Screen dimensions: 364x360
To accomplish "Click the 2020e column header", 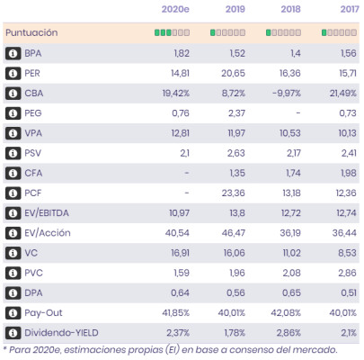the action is (x=175, y=9).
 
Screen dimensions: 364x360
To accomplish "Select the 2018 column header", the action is (x=290, y=9).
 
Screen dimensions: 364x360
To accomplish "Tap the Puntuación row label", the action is (x=31, y=32).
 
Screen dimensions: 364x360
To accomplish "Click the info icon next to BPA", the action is (x=13, y=53).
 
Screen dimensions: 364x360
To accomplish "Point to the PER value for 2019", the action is (x=233, y=73).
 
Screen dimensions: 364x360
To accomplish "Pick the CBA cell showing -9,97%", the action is (x=287, y=94).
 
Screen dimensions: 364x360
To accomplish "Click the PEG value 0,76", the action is (x=181, y=113).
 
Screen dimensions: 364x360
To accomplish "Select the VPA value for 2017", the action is (x=347, y=133).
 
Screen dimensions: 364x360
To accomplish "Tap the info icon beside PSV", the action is (x=13, y=153).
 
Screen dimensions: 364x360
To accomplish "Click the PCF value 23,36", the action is (x=233, y=193).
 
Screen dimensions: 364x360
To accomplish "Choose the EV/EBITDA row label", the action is (x=47, y=213).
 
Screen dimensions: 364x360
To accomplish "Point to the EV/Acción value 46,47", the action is (x=234, y=233).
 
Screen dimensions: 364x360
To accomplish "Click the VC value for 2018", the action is (x=291, y=253).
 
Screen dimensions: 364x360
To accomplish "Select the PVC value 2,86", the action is (x=347, y=273).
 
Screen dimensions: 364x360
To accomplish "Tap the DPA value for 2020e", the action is (x=180, y=292).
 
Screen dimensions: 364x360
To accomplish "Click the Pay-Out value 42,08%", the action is (x=286, y=313).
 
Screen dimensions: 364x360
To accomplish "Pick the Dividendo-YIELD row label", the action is (x=61, y=333).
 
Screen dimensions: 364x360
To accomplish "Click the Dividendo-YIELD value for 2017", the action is (x=349, y=333).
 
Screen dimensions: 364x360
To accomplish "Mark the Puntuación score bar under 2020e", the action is (x=172, y=32).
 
